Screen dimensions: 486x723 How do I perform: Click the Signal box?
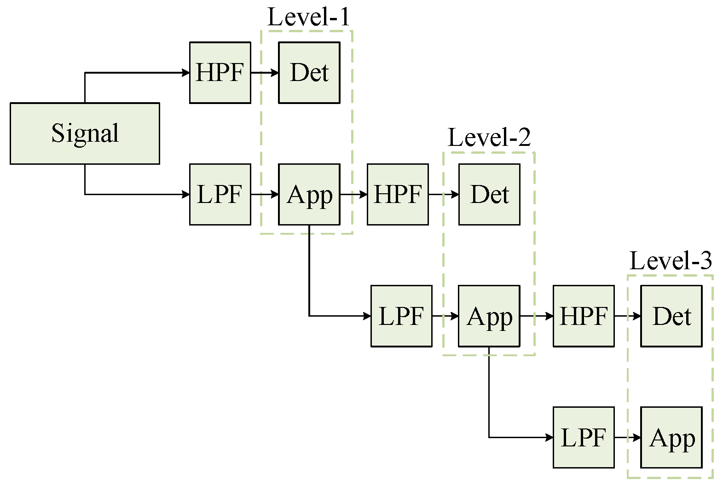pos(85,133)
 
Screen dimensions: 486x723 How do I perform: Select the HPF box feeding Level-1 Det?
pos(220,73)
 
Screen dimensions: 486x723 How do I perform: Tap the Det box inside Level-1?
pos(309,73)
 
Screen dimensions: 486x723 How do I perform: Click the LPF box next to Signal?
pos(220,194)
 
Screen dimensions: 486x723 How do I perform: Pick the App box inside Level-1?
pos(309,194)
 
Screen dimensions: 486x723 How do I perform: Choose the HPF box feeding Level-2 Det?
pos(398,194)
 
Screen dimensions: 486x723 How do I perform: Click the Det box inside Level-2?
pos(489,194)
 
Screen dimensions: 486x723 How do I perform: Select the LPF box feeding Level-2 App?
pos(401,316)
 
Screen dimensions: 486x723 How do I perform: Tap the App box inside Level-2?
pos(489,316)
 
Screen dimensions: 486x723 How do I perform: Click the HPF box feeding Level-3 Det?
pos(584,316)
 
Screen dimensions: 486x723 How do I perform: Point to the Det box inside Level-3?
pos(671,316)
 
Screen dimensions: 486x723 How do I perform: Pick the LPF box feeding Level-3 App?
pos(584,437)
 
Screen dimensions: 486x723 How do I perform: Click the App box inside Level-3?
pos(671,437)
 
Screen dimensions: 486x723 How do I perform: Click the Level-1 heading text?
pos(308,17)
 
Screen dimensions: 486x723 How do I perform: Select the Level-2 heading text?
pos(489,138)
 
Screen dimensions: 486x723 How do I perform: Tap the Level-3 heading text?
pos(671,261)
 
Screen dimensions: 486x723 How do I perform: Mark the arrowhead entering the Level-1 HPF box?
pos(186,73)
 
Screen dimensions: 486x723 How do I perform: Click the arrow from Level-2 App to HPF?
pos(537,316)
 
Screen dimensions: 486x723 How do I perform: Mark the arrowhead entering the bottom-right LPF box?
pos(549,437)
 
